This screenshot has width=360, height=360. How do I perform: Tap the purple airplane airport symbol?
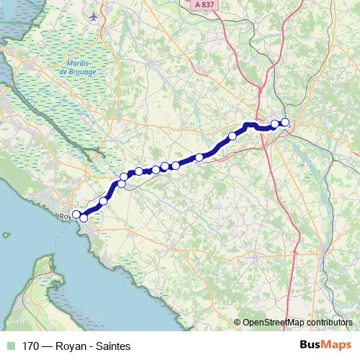pos(94,16)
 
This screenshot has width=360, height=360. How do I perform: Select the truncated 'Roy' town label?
pos(64,215)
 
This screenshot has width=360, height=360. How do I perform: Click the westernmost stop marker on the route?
pos(76,214)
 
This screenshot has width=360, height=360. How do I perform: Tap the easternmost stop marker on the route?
pos(285,122)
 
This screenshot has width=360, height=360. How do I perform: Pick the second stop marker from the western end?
pos(84,217)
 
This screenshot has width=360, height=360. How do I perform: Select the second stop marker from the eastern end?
pos(275,125)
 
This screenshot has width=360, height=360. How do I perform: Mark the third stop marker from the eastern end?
pos(233,135)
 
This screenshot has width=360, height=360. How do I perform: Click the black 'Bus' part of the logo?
pos(310,344)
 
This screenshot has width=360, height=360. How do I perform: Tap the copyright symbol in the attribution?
pos(237,323)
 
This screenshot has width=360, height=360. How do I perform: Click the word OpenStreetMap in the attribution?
pos(271,323)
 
